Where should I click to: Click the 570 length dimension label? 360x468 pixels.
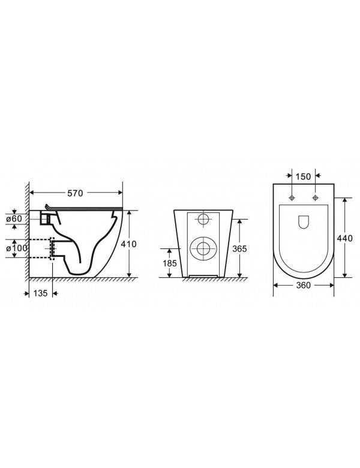[x=76, y=193]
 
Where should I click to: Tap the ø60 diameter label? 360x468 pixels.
[x=17, y=218]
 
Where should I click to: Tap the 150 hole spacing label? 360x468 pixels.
[x=303, y=176]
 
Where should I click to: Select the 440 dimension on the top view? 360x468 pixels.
[x=344, y=238]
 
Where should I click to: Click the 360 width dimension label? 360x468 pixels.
[x=304, y=286]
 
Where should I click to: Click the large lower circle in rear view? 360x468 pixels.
[x=203, y=248]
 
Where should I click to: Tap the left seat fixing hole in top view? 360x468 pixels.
[x=292, y=198]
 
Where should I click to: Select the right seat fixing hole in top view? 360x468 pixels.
[x=314, y=198]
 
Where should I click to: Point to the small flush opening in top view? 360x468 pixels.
[x=303, y=221]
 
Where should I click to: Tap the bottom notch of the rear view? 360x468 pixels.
[x=203, y=276]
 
